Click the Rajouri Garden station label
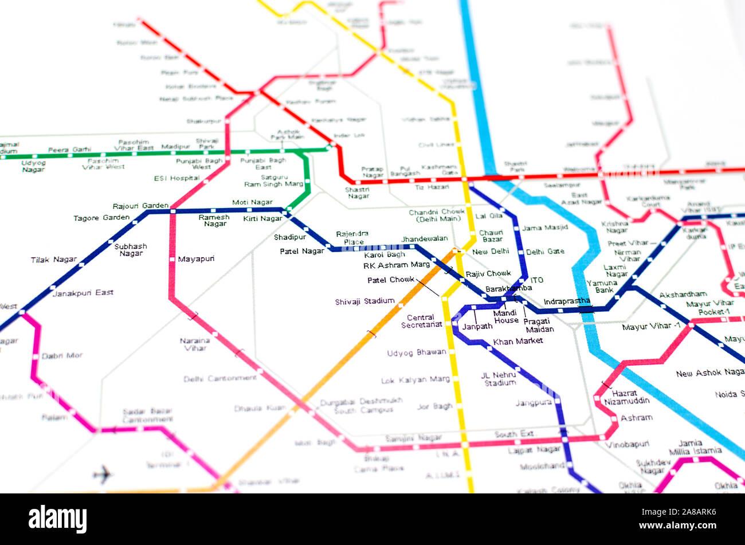140,206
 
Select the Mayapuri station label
196,259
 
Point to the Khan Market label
517,342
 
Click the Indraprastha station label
566,301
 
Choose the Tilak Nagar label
53,260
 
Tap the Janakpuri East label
83,293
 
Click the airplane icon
103,474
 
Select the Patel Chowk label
390,280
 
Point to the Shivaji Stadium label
364,301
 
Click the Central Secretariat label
425,321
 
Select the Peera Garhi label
69,150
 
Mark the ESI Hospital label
177,178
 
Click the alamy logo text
57,519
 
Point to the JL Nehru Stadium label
499,379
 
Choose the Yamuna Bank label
602,287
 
